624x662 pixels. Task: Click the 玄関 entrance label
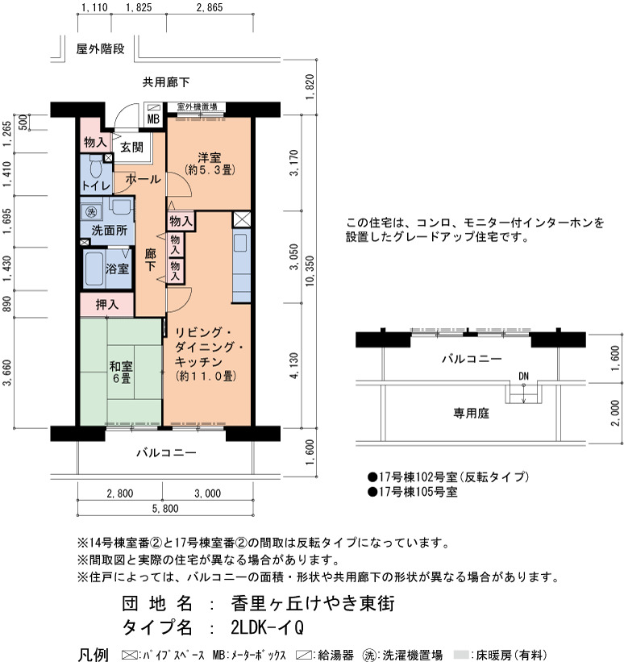point(131,147)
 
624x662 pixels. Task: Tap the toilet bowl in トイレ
point(96,168)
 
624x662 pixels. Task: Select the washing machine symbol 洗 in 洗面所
point(92,212)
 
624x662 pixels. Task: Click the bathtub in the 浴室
point(94,269)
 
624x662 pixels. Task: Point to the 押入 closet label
point(106,305)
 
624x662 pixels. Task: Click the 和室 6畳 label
point(121,372)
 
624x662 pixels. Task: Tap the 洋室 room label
point(210,158)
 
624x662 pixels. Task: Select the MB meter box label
point(153,119)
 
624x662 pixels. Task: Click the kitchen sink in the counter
point(240,244)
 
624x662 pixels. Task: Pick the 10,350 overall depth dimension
point(310,271)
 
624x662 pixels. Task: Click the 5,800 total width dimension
point(165,508)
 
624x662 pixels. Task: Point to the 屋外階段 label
point(101,49)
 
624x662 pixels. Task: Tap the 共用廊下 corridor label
point(166,82)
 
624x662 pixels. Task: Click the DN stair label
point(523,376)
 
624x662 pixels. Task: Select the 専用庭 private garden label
point(471,413)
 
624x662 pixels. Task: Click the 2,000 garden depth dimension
point(615,414)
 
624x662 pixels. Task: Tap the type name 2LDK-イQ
point(268,627)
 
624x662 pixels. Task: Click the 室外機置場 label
point(197,106)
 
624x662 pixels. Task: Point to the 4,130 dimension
point(293,365)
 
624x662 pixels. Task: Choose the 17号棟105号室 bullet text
point(413,492)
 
